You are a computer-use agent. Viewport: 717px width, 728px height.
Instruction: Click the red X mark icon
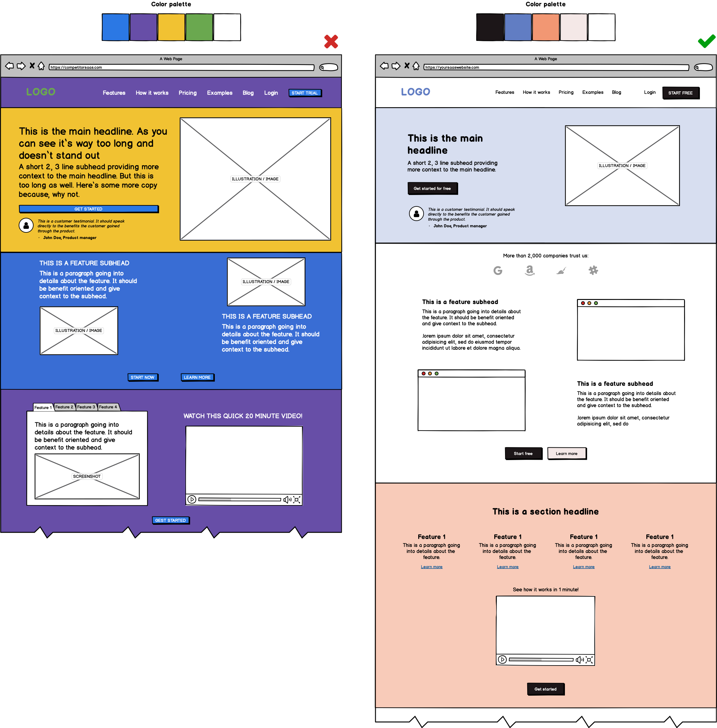[331, 42]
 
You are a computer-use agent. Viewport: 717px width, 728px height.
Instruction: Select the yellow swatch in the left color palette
[171, 27]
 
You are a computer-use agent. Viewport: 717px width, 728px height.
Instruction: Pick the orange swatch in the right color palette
[546, 27]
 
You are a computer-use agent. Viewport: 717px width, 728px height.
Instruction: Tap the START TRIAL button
[305, 93]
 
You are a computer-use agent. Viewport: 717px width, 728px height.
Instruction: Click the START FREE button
[680, 93]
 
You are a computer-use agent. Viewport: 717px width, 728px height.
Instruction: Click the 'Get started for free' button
[432, 188]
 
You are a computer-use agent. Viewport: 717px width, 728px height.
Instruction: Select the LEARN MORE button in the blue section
[197, 377]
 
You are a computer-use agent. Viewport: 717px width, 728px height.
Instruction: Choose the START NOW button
[142, 377]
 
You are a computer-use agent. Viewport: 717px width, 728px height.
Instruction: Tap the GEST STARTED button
[170, 520]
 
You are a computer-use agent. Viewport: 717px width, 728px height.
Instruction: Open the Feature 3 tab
[86, 407]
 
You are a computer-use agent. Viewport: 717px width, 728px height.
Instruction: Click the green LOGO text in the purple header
[41, 92]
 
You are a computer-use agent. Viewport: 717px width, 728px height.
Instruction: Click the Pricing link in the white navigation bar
[566, 92]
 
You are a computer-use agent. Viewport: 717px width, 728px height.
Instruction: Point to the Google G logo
[498, 270]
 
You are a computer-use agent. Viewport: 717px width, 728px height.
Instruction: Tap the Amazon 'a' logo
[529, 270]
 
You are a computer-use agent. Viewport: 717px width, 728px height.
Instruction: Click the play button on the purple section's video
[192, 500]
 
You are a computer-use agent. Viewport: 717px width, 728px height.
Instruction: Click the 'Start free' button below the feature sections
[523, 454]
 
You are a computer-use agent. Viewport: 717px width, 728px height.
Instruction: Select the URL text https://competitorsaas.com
[76, 68]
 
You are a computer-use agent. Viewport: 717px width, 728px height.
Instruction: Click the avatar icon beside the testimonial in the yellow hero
[26, 225]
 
